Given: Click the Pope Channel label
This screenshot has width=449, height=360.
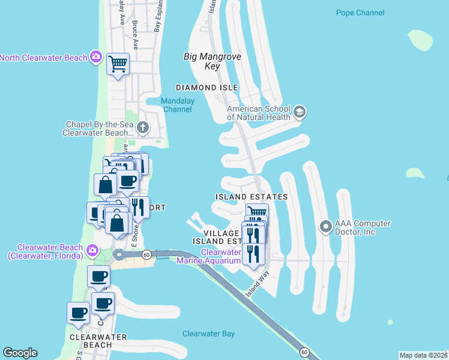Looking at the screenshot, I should (360, 13).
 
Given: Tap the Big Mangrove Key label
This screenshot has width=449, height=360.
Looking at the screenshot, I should (212, 61).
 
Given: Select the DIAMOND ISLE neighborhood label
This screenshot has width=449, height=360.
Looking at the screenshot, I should (204, 88).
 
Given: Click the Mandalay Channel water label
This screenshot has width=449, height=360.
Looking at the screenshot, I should (178, 105).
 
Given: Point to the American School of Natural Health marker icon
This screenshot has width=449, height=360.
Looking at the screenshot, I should (300, 112).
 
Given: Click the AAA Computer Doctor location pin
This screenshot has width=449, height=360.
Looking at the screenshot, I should (326, 227).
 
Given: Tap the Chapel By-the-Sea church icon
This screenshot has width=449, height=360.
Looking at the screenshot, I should (142, 127).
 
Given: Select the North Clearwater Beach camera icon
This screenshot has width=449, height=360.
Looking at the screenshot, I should (96, 57).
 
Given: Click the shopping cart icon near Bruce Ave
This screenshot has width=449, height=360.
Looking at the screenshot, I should (118, 62).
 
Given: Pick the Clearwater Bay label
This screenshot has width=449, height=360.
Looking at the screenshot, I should (209, 334).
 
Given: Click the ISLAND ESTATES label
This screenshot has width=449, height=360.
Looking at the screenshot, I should (252, 197).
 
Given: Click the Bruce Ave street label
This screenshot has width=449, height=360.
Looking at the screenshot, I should (135, 35).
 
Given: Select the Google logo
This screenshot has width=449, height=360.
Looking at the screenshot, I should (20, 353).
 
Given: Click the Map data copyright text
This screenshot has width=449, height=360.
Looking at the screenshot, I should (424, 355).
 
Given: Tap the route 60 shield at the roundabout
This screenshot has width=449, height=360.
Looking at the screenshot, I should (146, 255).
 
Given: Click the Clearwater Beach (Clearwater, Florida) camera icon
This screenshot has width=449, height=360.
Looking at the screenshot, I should (91, 250).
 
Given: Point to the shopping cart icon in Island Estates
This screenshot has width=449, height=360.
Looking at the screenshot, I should (257, 212).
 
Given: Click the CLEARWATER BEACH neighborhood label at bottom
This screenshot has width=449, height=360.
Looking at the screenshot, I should (98, 341).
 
